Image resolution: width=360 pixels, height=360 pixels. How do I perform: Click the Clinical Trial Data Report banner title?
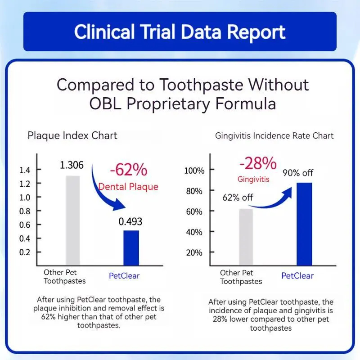point(180,32)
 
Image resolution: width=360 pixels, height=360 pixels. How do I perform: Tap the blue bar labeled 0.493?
point(131,248)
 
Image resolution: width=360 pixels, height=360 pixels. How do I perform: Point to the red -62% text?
point(128,170)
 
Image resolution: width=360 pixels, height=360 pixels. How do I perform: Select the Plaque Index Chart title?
point(72,135)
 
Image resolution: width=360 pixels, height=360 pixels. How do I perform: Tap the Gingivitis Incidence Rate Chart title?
point(274,135)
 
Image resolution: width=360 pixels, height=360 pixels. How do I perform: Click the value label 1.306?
point(72,165)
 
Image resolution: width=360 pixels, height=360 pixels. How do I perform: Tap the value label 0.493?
point(131,221)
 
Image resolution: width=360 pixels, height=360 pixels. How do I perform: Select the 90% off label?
point(297,173)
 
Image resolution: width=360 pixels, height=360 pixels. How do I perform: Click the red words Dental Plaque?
point(128,186)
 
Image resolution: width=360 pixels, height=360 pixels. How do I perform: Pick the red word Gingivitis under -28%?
point(253,179)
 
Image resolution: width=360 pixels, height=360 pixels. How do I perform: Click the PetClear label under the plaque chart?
point(124,276)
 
